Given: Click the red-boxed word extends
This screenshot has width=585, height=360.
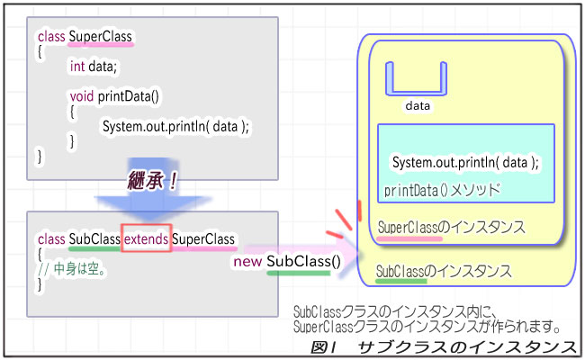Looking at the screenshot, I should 145,239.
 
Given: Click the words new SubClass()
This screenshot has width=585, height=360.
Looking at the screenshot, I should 285,261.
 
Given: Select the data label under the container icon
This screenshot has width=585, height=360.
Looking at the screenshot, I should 417,106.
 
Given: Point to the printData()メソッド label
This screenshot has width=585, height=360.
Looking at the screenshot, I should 442,191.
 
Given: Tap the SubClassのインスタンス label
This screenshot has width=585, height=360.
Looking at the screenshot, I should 444,270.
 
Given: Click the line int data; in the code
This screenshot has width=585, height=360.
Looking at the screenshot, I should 94,66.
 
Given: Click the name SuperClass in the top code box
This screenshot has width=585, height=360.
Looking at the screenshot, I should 101,37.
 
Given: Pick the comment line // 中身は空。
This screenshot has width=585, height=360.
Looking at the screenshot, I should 74,268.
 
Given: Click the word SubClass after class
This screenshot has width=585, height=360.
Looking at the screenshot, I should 94,239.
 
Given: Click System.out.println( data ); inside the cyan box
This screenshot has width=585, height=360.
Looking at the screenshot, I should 464,163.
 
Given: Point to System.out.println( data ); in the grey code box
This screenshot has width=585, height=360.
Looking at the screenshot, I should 175,126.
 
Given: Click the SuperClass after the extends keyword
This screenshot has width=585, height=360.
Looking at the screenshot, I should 203,239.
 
